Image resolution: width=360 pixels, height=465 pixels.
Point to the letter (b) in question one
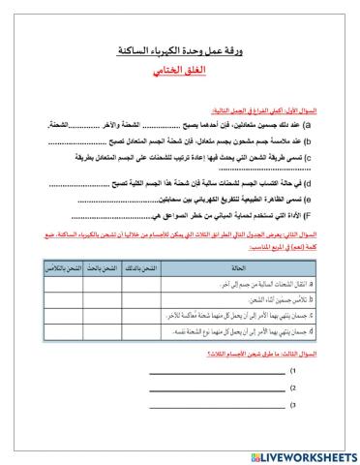point(334,140)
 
